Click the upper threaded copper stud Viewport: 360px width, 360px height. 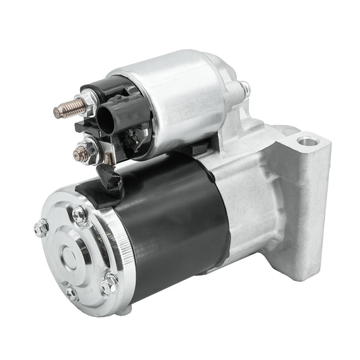click(x=65, y=108)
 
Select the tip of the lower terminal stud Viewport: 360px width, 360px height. click(x=75, y=154)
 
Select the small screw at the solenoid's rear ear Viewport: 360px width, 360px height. click(x=244, y=87)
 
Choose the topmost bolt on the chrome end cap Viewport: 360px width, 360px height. click(x=80, y=216)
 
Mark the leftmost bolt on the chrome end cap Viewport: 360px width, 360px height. click(x=41, y=228)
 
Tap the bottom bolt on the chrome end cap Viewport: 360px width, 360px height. click(x=71, y=293)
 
